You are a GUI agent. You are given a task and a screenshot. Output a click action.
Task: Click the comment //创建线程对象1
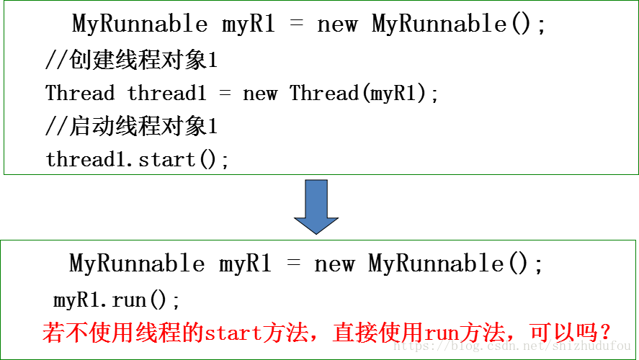click(x=131, y=61)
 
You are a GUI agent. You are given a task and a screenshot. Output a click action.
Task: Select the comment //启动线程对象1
click(x=131, y=127)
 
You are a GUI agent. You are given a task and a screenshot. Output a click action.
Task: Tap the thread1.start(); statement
click(x=138, y=159)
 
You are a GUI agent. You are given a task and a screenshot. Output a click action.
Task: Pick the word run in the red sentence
click(x=441, y=334)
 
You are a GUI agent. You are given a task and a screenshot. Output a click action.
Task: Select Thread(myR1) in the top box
click(x=364, y=94)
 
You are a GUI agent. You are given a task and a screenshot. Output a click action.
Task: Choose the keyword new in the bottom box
click(x=335, y=264)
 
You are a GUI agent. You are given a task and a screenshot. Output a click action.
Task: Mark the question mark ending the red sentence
click(x=607, y=334)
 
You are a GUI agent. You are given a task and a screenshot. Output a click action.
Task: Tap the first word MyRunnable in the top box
click(x=140, y=24)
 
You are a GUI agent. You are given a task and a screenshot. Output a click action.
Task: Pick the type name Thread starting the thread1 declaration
click(x=80, y=94)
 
